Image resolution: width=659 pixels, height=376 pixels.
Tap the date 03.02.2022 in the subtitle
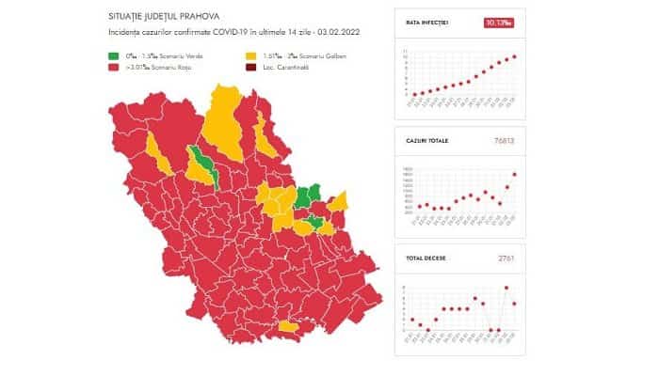[x=341, y=34]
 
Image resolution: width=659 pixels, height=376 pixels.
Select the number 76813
[x=506, y=141]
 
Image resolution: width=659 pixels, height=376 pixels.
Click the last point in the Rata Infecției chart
[x=514, y=56]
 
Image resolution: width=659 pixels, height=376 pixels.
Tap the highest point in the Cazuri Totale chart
[x=514, y=174]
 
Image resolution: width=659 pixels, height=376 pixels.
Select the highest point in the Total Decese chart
[x=506, y=288]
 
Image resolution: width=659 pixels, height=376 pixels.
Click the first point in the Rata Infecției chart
[x=412, y=94]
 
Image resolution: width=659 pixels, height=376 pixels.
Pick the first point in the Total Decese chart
[x=412, y=320]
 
